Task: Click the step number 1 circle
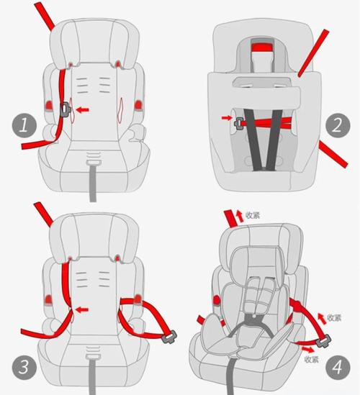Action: pos(24,125)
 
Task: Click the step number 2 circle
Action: pos(338,125)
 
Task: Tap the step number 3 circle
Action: pos(24,367)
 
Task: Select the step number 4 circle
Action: pos(338,367)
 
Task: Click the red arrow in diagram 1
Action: pos(82,109)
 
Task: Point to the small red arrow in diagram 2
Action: pos(226,118)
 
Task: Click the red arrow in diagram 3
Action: pos(82,309)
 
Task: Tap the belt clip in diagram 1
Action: pos(65,110)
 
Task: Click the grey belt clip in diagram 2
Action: pos(238,124)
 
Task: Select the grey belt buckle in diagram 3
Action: pos(169,337)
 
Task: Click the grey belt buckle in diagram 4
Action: pos(323,340)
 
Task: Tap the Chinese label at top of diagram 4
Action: pos(253,215)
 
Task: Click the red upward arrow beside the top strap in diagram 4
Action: pos(240,217)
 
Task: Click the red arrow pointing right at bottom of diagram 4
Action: pos(308,349)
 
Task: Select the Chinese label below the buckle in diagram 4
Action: pos(311,359)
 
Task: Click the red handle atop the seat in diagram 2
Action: pos(261,47)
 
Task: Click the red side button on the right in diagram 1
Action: pos(138,104)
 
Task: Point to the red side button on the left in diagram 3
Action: pos(48,301)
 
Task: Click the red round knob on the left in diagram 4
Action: pos(216,300)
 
